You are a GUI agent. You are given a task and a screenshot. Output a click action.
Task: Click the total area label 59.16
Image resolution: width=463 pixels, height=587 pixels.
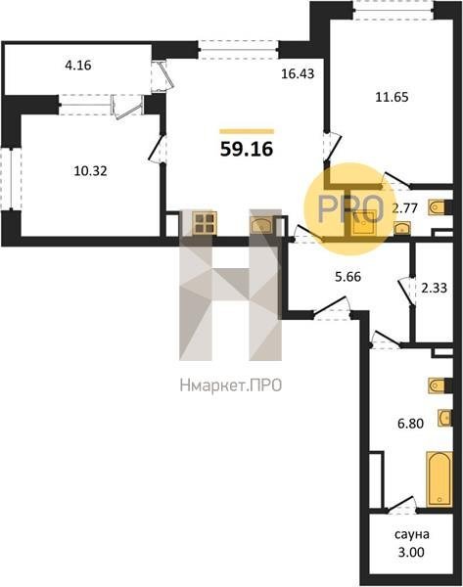[x=247, y=150]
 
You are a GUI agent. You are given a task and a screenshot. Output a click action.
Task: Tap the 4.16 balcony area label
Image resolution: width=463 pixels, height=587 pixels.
[x=78, y=66]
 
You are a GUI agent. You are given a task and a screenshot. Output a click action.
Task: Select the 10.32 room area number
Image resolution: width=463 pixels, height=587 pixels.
[x=90, y=171]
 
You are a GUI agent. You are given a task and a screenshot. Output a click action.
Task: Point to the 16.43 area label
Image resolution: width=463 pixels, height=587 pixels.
[x=298, y=73]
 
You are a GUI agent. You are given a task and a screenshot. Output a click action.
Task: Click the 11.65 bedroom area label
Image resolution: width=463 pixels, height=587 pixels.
[x=392, y=97]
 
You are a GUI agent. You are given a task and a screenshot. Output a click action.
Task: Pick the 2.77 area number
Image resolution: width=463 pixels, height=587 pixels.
[x=404, y=207]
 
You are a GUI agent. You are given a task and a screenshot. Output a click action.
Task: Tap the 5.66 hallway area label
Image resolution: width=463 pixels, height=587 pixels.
[x=348, y=277]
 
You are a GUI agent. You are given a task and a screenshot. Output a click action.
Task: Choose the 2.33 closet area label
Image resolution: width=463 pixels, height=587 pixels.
[x=434, y=288]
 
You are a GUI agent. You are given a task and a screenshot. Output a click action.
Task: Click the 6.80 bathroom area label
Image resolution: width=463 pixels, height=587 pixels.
[x=410, y=424]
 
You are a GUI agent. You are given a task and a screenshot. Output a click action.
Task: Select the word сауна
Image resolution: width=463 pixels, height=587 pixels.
[x=412, y=534]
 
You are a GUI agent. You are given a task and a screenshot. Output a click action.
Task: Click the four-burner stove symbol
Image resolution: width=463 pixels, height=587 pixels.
[x=205, y=223]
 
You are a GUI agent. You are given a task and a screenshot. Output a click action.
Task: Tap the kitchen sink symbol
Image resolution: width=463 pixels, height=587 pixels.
[x=262, y=226]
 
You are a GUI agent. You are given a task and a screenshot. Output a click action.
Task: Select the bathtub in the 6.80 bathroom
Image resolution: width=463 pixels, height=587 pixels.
[x=440, y=478]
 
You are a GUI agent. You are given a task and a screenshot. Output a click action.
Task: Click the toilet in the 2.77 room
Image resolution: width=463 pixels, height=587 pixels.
[x=439, y=207]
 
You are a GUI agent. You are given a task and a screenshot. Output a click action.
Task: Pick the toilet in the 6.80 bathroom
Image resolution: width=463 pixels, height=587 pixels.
[x=439, y=385]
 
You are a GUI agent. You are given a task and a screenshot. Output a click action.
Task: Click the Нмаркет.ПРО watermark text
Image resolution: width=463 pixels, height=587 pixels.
[x=231, y=385]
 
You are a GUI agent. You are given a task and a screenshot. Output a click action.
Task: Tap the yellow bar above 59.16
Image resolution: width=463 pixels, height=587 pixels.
[x=247, y=131]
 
